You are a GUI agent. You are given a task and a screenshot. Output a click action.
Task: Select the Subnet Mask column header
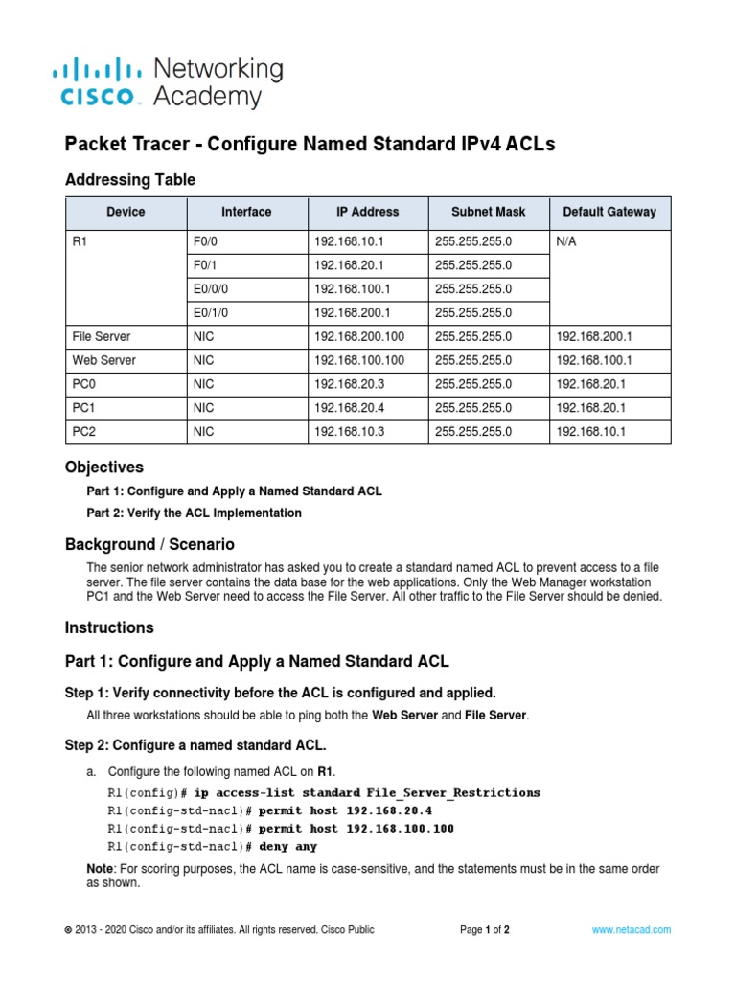coord(489,212)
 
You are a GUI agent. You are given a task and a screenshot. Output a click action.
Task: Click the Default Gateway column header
coord(609,212)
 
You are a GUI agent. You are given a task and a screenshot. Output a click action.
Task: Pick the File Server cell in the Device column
coord(102,337)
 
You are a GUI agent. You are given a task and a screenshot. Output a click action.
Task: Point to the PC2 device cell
coord(85,432)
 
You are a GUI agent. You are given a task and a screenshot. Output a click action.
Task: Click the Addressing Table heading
coord(129,179)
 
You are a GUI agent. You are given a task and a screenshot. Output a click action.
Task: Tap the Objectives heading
coord(103,468)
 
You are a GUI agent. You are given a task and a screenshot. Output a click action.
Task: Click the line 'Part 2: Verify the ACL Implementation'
coord(194,513)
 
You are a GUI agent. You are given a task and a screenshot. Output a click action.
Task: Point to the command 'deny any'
coord(287,847)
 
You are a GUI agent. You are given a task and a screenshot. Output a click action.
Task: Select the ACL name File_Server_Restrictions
coord(453,793)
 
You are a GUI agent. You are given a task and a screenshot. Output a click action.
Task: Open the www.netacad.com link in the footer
coord(631,930)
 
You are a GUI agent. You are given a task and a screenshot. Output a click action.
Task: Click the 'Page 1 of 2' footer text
coord(485,930)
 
